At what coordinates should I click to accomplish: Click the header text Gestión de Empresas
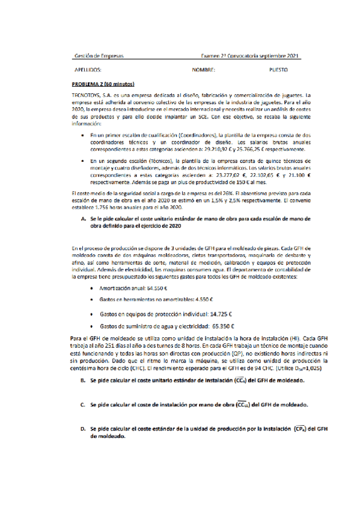pos(99,56)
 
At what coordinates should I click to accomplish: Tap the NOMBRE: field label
pos(203,70)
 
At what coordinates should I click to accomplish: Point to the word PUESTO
pos(279,70)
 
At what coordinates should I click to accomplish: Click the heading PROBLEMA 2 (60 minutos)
pos(103,84)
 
